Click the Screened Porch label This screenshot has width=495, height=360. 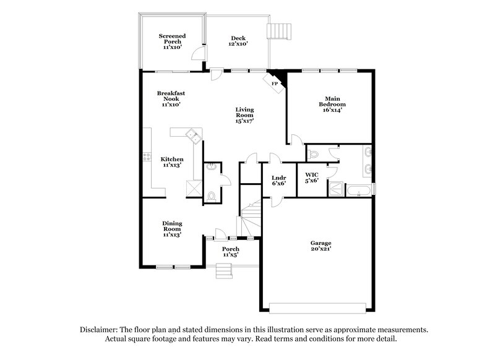point(170,41)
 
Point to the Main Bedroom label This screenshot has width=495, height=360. point(331,104)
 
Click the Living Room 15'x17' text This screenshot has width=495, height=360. point(244,116)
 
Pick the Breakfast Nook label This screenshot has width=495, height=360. point(170,99)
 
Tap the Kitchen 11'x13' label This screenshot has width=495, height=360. point(172,162)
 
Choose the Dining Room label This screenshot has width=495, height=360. point(172,228)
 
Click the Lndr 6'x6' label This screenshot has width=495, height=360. point(278,181)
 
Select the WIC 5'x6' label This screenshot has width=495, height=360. point(311,178)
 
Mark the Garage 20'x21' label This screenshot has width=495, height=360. point(321,246)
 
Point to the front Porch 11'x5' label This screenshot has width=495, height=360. point(231,252)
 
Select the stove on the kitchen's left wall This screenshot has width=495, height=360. point(147,157)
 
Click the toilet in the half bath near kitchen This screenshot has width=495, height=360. point(212,195)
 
